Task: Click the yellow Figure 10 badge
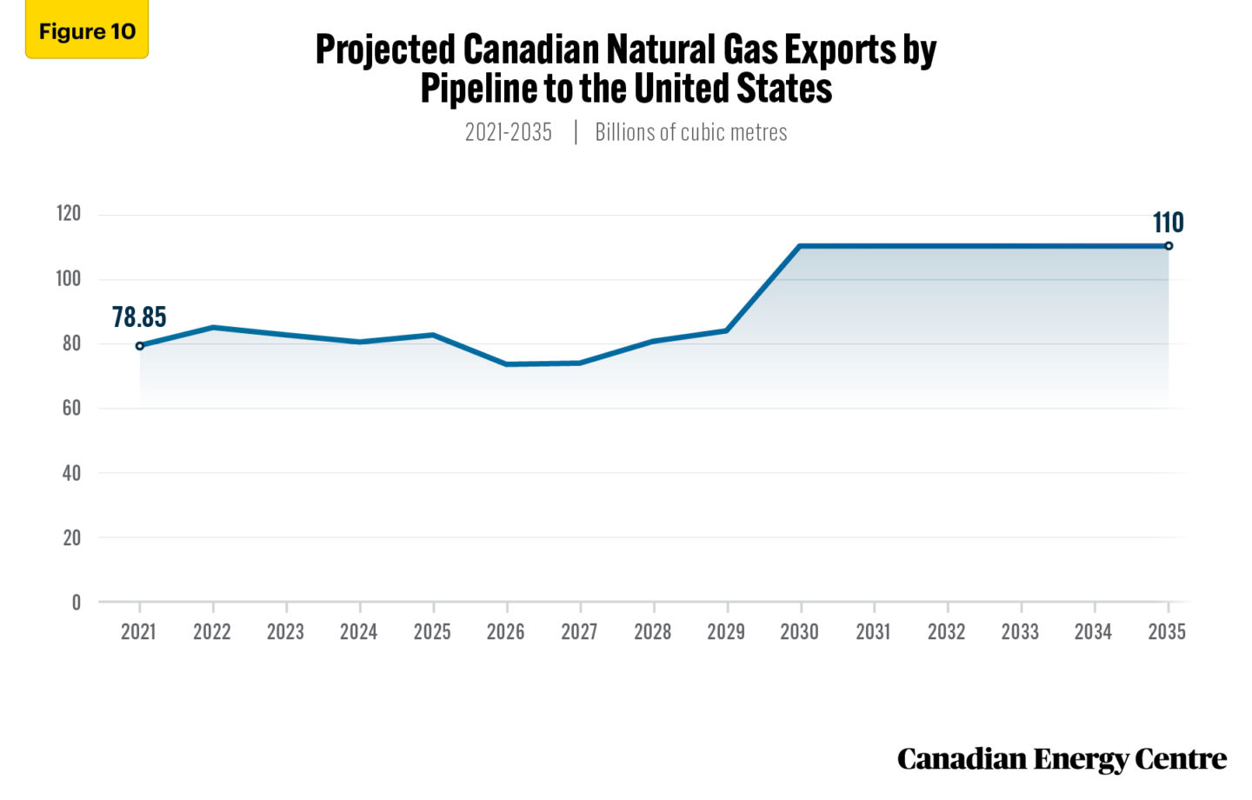click(87, 31)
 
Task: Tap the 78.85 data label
click(139, 317)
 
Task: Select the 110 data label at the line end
click(1168, 223)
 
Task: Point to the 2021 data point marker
click(139, 346)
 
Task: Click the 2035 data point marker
click(1169, 246)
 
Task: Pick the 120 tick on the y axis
click(68, 214)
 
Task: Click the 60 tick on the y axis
click(71, 408)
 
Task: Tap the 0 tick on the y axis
click(77, 602)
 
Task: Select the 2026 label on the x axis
click(506, 632)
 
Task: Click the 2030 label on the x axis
click(799, 632)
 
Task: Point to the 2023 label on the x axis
click(285, 632)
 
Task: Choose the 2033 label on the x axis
click(1020, 632)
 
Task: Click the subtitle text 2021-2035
click(509, 132)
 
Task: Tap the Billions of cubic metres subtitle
click(691, 132)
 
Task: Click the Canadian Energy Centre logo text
click(1062, 759)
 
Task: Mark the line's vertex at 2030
click(800, 246)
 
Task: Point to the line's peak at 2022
click(213, 328)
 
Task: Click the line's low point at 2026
click(506, 364)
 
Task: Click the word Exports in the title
click(840, 50)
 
